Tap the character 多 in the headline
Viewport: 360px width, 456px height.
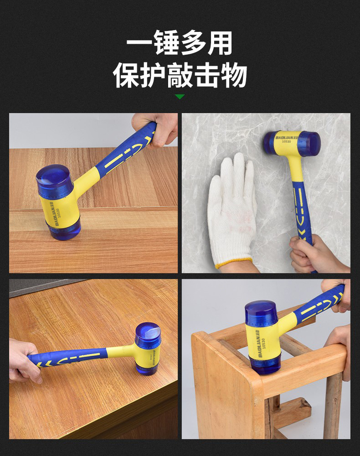coord(193,43)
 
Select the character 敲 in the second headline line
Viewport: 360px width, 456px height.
coord(180,75)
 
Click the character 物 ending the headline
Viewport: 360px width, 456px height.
coord(234,75)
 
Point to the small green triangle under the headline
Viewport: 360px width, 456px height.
coord(180,97)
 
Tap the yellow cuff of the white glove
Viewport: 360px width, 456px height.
coord(234,263)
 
